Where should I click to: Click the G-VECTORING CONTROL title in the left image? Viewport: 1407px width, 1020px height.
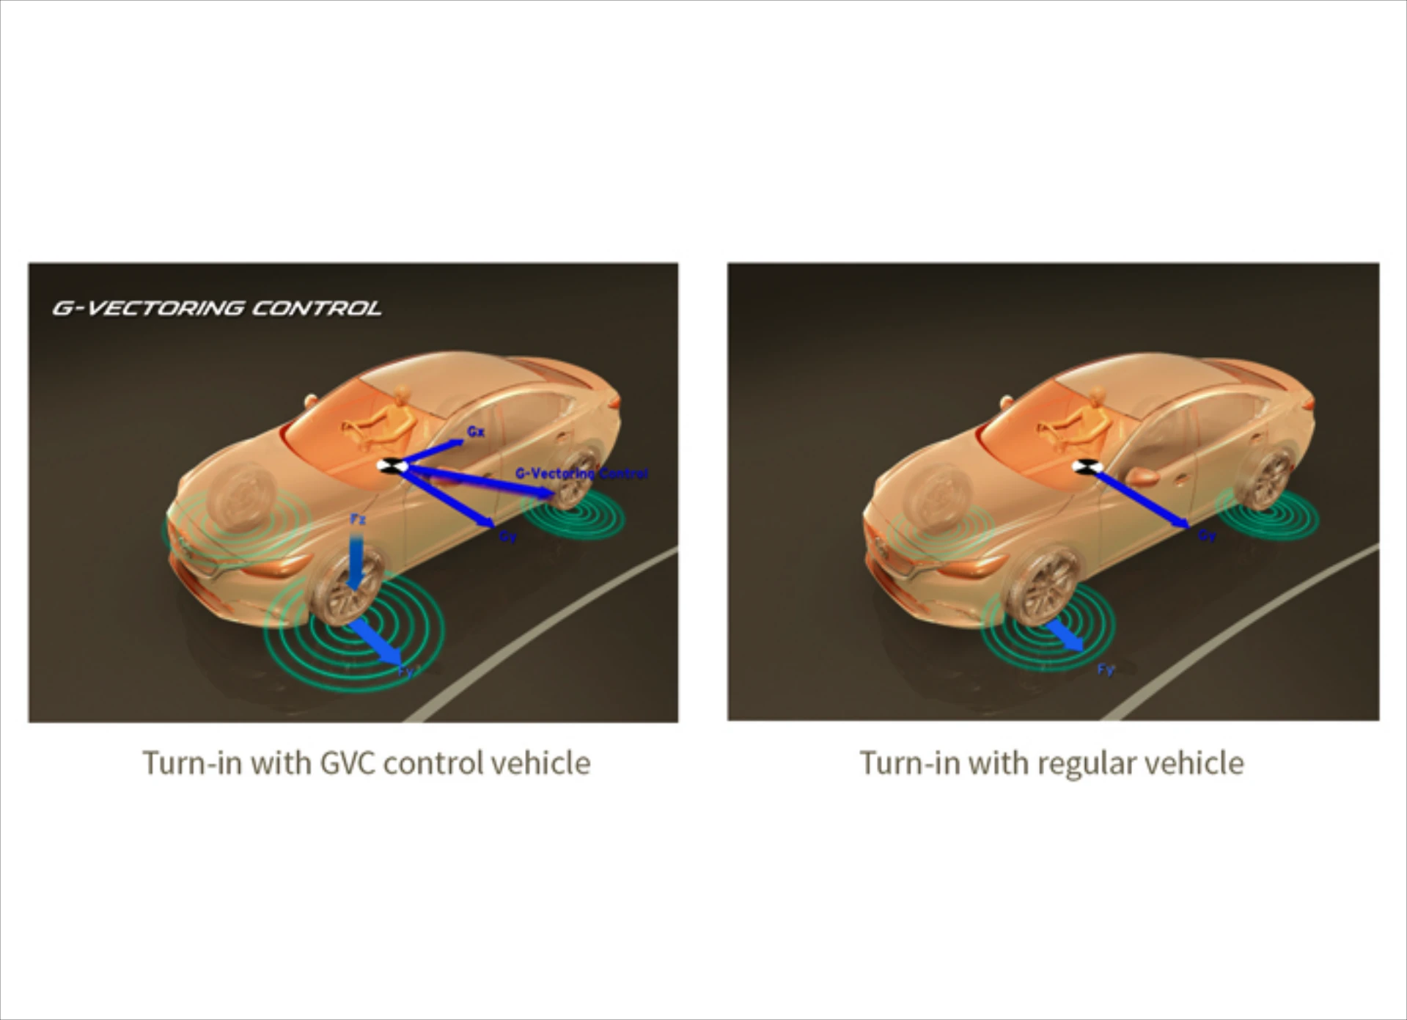click(x=217, y=308)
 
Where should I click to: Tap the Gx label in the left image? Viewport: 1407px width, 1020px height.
click(x=476, y=431)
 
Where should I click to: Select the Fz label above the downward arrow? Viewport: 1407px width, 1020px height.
click(x=358, y=519)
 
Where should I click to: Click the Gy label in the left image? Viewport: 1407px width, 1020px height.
click(x=508, y=537)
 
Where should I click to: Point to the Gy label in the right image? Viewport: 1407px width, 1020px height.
click(x=1207, y=536)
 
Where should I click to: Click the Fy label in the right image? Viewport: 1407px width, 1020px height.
click(x=1106, y=669)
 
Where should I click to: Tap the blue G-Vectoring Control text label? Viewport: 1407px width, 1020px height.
click(x=581, y=474)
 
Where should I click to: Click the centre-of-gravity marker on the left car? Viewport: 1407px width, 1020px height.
click(x=389, y=465)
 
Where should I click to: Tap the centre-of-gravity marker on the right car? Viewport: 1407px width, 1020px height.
click(x=1084, y=466)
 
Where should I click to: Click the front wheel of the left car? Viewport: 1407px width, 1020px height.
click(x=345, y=587)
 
